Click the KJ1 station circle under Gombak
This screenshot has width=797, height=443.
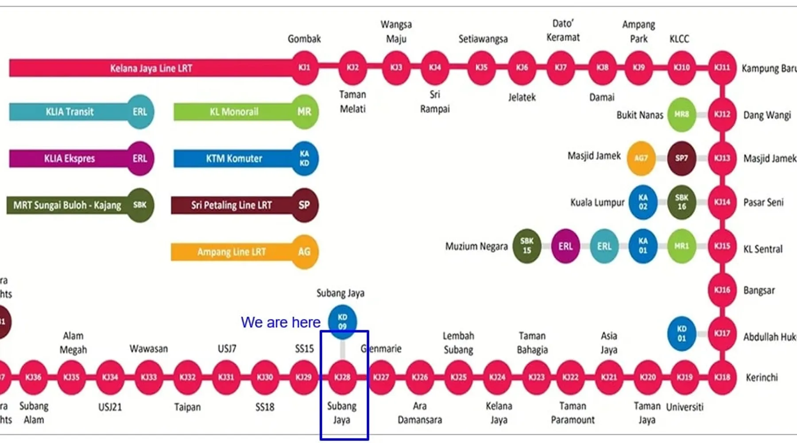tap(305, 67)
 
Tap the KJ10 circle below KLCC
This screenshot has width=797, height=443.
tap(681, 67)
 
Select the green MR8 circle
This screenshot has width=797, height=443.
tap(681, 114)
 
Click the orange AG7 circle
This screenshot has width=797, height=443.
tap(641, 158)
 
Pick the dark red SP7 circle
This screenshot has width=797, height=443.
tap(681, 158)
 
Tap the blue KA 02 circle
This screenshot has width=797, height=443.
tap(643, 202)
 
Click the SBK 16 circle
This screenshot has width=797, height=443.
tap(681, 202)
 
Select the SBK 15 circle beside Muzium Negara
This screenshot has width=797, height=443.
tap(526, 246)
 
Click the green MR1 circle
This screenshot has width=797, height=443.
tap(681, 246)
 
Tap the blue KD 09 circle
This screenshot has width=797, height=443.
tap(342, 322)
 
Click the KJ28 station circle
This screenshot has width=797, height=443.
tap(342, 377)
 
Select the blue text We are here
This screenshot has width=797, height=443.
tap(280, 322)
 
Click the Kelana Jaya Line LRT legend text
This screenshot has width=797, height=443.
tap(151, 68)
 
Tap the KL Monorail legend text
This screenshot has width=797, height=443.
tap(234, 112)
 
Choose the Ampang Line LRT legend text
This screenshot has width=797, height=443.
tap(232, 252)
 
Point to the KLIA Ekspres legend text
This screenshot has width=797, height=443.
tap(70, 159)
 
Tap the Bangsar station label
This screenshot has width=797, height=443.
tap(759, 291)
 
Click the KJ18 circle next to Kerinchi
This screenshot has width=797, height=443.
tap(722, 377)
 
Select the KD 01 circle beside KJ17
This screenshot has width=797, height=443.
tap(681, 334)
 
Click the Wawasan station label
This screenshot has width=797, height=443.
tap(149, 349)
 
